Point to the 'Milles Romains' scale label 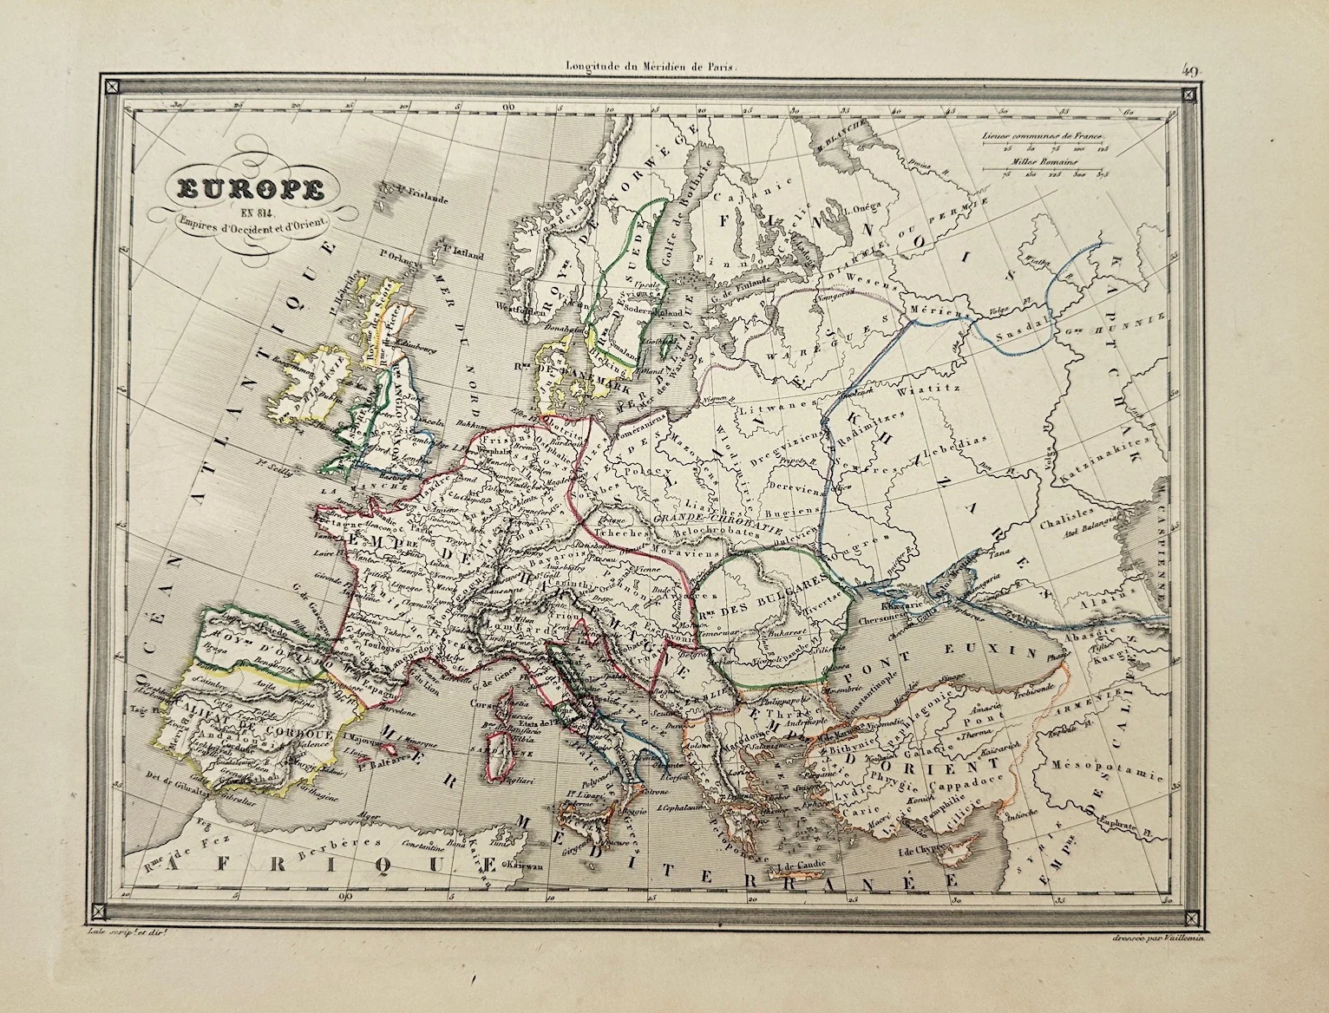point(1039,161)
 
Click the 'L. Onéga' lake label point(861,206)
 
